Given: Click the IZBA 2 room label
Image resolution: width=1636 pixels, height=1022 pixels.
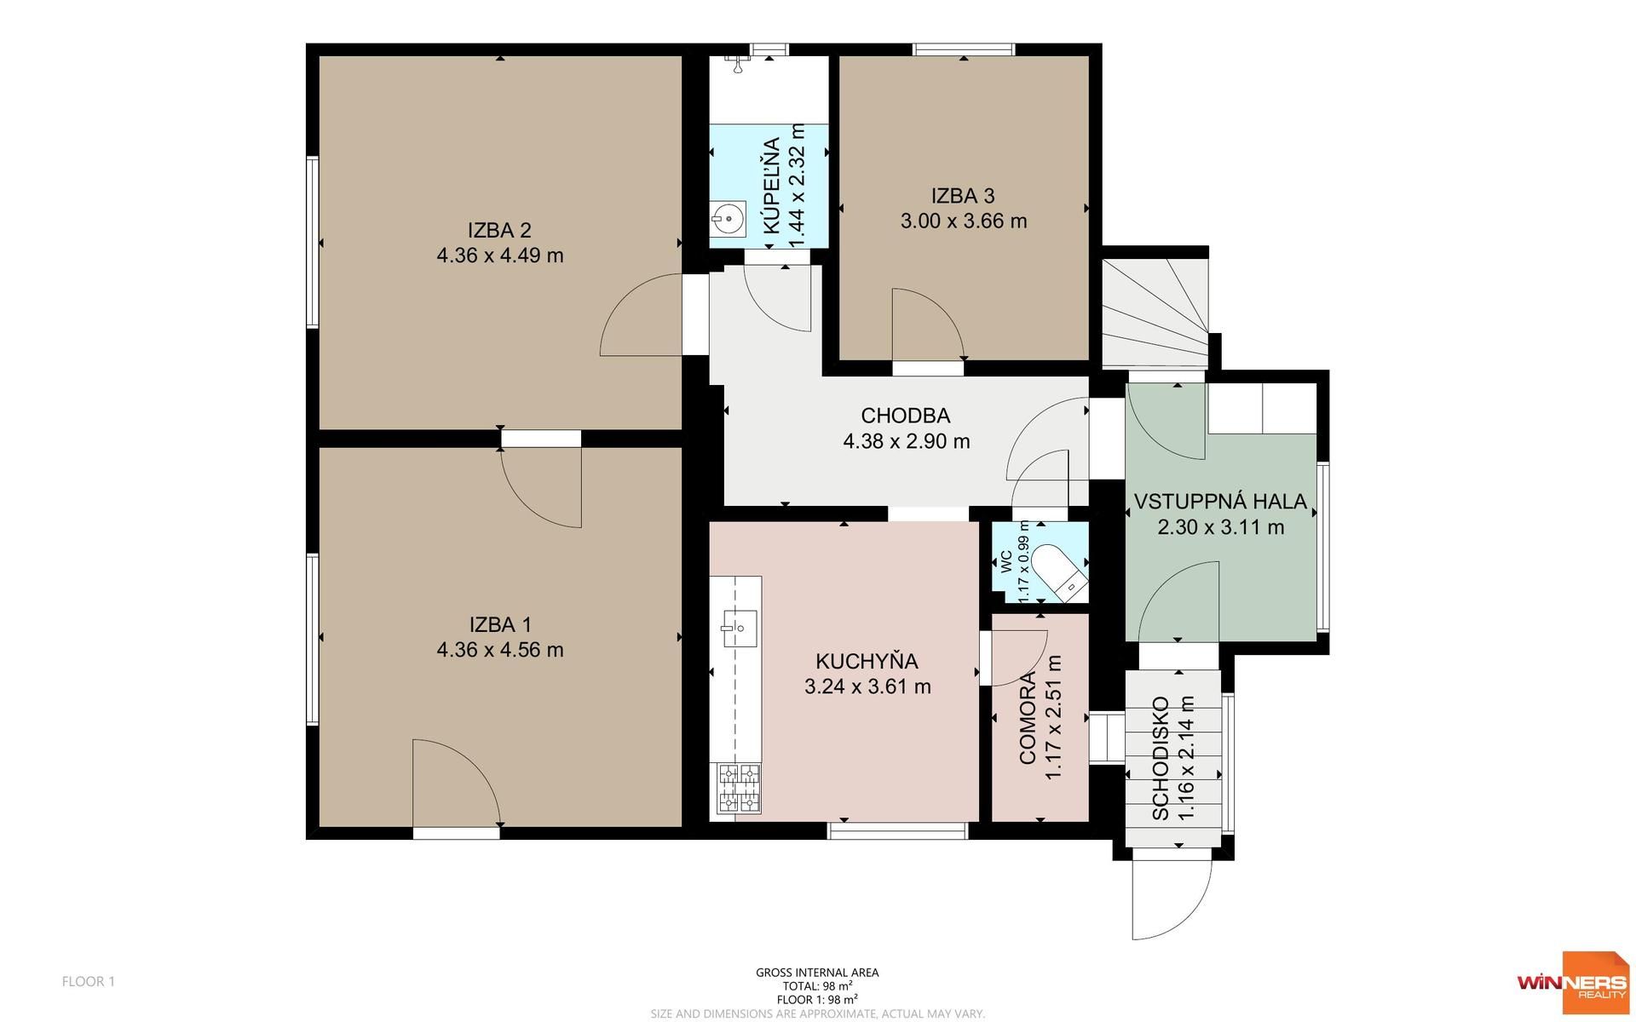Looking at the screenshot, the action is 499,230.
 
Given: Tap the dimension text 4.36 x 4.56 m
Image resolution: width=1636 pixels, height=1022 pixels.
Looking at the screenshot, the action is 500,650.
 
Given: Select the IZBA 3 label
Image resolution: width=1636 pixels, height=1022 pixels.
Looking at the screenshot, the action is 963,196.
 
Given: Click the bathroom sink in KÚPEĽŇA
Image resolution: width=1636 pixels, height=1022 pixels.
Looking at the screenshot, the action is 728,218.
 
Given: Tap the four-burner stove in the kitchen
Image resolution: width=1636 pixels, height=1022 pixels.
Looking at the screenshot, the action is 739,788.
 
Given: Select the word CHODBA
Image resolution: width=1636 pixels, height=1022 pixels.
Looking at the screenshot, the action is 906,416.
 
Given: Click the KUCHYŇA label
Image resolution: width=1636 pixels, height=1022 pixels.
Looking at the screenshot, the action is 867,661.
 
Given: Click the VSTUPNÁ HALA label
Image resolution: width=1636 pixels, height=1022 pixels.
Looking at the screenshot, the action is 1220,502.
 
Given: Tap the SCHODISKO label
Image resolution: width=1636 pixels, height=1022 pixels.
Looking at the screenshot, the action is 1160,759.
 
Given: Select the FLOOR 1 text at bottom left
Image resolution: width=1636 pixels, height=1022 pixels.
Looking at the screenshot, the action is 89,981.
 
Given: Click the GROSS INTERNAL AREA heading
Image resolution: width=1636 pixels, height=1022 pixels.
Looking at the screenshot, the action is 817,973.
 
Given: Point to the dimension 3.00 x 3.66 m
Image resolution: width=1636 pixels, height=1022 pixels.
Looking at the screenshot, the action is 964,221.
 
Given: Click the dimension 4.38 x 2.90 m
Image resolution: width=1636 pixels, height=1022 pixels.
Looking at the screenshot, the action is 907,441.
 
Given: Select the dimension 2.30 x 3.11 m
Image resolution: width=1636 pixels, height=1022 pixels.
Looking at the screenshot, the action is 1221,527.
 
